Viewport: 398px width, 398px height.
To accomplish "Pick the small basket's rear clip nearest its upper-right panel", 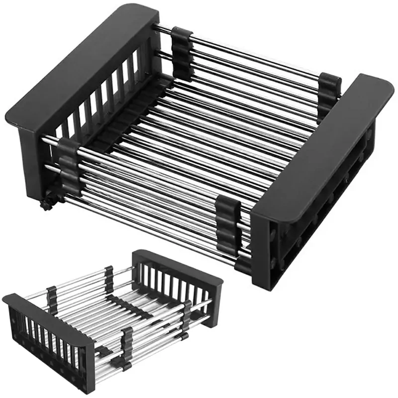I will point(109,279).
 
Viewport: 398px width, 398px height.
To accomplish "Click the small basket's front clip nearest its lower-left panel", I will point(127,343).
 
